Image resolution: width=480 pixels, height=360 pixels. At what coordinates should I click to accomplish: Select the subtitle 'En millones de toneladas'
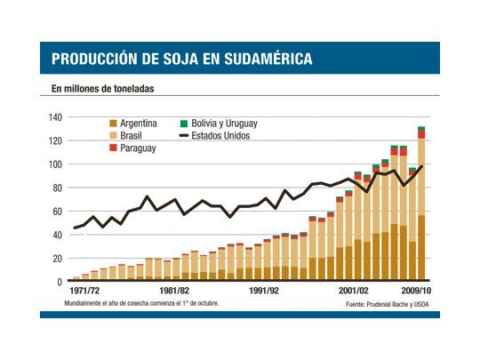coord(103,90)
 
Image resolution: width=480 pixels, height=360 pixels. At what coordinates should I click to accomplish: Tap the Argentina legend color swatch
coord(112,124)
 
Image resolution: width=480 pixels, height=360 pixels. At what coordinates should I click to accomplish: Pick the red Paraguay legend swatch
coord(112,148)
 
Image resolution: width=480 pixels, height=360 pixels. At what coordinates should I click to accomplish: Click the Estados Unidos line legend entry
coord(223,136)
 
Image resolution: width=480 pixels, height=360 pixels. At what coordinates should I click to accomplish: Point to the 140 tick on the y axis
coord(54,117)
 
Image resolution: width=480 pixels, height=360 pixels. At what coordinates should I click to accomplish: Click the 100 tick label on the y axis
coord(54,164)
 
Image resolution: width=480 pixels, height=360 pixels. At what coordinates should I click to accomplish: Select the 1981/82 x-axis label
coord(172,291)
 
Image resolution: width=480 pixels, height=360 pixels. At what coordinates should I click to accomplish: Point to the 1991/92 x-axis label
coord(264,291)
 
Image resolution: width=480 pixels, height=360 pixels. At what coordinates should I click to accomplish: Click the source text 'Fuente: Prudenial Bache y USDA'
coord(389,304)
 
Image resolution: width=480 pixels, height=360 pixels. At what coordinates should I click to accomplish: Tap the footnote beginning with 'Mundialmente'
coord(140,303)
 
